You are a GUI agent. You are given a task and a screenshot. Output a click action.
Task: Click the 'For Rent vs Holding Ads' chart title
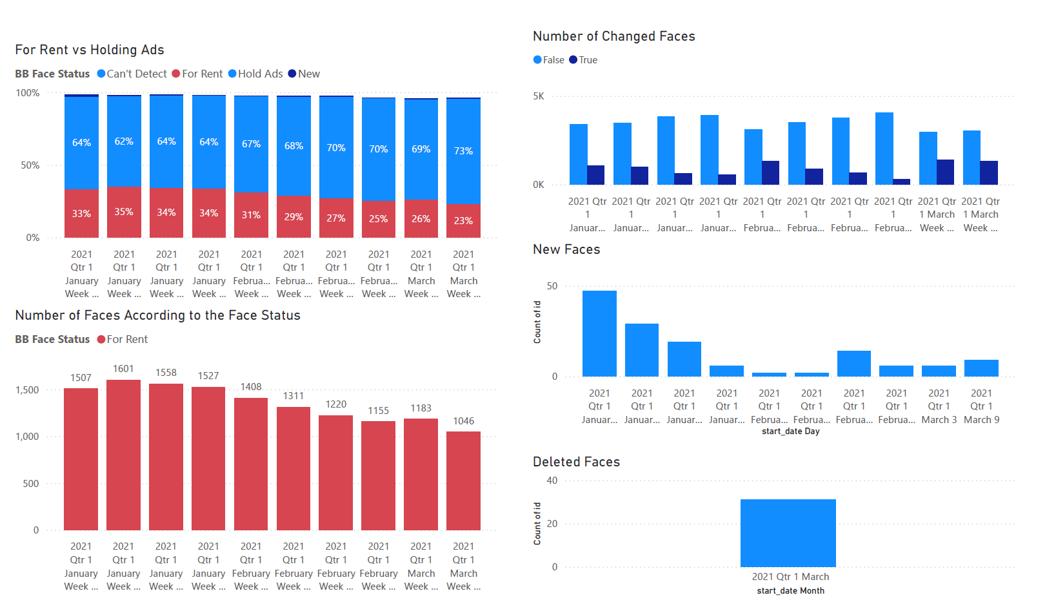tap(90, 50)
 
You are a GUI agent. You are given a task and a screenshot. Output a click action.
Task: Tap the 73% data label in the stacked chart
tap(463, 150)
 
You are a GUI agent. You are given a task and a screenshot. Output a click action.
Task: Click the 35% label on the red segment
tap(124, 212)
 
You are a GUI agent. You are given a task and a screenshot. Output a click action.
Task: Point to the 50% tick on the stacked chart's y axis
tap(30, 165)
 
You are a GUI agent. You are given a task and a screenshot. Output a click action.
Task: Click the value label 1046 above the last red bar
tap(463, 421)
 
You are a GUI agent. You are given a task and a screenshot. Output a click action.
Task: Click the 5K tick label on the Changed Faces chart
tap(538, 96)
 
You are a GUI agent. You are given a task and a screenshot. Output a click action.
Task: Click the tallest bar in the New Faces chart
tap(599, 333)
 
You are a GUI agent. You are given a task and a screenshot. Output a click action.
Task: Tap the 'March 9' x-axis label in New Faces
tap(981, 420)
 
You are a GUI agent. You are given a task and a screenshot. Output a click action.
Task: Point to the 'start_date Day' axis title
tap(790, 431)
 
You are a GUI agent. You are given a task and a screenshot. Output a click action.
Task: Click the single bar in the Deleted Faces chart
tap(788, 533)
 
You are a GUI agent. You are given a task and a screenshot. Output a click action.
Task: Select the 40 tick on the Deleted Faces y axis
tap(552, 481)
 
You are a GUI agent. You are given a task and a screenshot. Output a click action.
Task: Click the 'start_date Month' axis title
tap(790, 591)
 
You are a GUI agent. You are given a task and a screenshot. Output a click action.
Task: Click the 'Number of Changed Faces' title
tap(613, 36)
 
